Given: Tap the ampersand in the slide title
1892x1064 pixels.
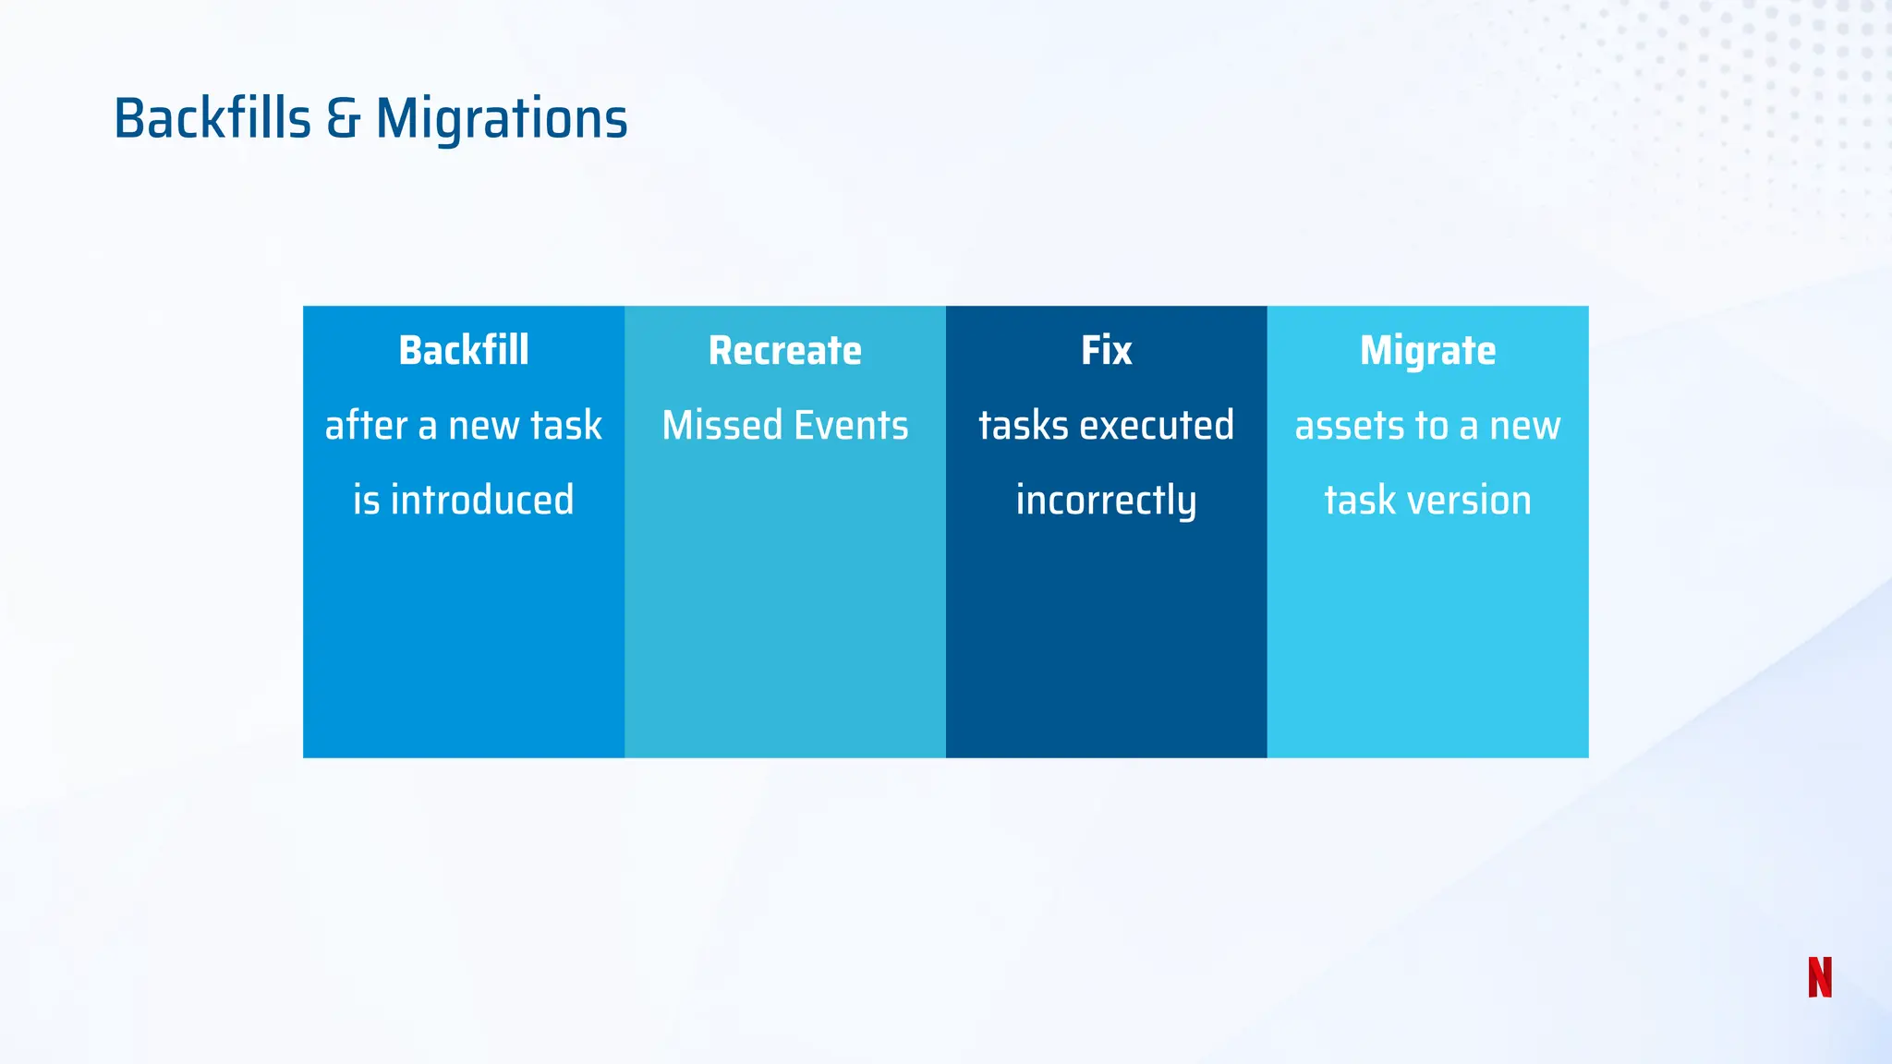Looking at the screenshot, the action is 343,120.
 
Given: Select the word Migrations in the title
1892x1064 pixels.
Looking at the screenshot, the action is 502,119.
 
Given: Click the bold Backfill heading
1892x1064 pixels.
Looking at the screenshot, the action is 464,350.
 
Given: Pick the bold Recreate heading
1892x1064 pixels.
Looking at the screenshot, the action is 785,351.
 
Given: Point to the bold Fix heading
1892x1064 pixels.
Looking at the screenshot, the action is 1107,350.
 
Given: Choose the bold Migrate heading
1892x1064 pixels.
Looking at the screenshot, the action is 1428,352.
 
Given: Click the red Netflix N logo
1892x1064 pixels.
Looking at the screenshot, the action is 1820,977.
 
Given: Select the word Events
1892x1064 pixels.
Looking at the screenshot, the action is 851,425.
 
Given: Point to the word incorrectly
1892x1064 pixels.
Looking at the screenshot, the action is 1107,502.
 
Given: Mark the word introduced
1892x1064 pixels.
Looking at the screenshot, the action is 482,500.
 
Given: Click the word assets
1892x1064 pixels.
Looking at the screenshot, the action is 1350,426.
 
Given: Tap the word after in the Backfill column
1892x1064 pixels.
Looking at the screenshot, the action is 367,425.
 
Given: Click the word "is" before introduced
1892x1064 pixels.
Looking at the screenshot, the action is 367,500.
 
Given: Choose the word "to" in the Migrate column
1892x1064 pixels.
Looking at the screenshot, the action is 1431,426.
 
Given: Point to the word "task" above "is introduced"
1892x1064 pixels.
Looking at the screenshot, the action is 564,425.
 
